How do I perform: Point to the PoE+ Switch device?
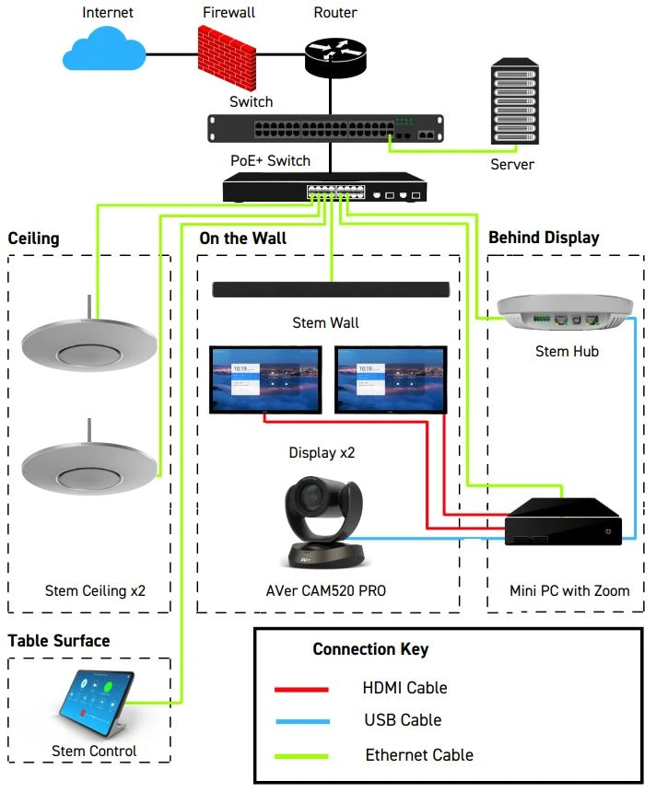324,189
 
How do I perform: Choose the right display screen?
391,378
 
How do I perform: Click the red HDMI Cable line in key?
301,688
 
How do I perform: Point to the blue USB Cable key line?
301,721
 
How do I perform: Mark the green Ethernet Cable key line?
301,755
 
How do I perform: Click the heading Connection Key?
370,649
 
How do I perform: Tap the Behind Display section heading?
544,238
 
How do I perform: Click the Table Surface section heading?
59,641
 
